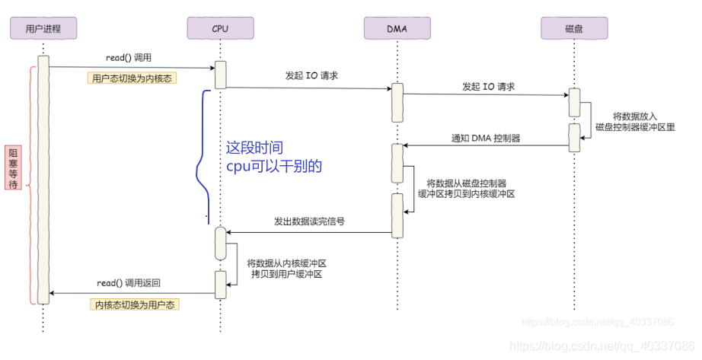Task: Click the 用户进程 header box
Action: point(43,29)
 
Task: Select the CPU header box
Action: point(220,29)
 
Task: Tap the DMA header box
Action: point(397,29)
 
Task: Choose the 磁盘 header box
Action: point(574,29)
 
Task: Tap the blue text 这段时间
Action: point(260,148)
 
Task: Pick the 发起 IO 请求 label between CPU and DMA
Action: point(311,76)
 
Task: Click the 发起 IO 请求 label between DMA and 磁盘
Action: point(488,87)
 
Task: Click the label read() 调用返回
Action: point(129,282)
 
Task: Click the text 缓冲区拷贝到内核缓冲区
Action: point(467,194)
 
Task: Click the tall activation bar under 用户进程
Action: point(43,179)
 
